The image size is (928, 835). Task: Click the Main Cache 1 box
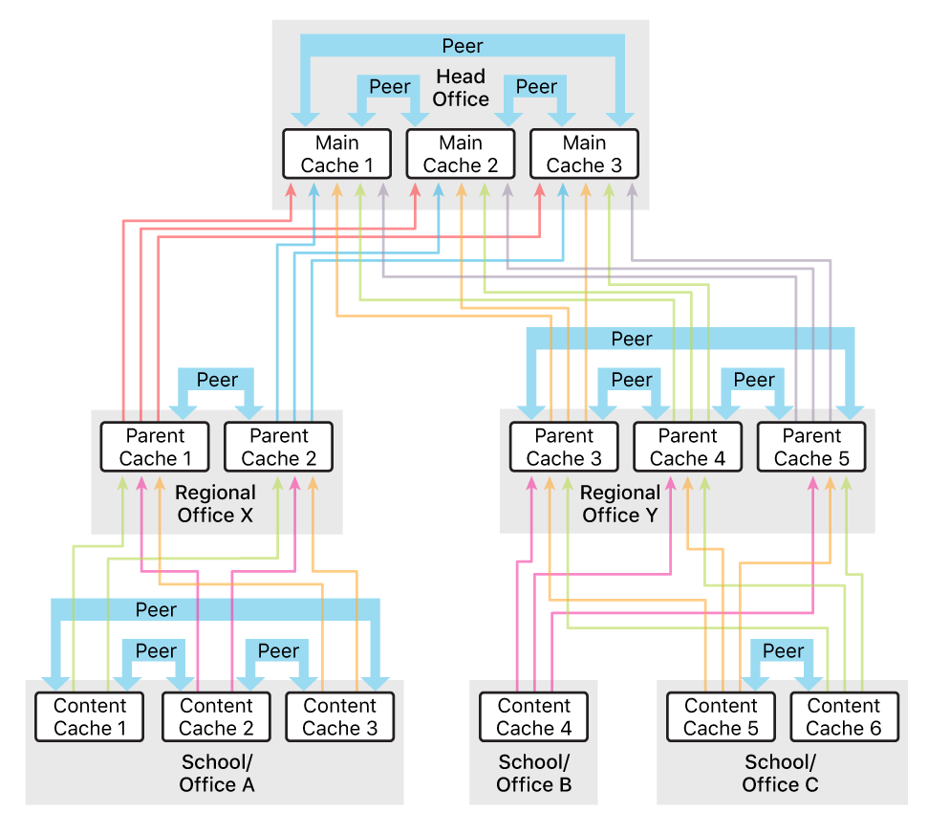coord(337,154)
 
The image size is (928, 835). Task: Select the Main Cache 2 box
coord(461,154)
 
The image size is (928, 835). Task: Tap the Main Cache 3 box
coord(584,154)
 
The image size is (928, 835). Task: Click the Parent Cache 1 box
coord(155,447)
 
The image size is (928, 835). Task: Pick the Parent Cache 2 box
coord(278,447)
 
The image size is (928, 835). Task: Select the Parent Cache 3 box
coord(564,447)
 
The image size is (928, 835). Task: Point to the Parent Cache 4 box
coord(687,447)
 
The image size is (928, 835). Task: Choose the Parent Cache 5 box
coord(811,447)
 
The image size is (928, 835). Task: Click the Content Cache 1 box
coord(89,717)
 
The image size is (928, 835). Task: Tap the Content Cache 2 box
coord(216,717)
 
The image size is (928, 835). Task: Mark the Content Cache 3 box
coord(339,717)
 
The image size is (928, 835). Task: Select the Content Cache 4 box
coord(533,717)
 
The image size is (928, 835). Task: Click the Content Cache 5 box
coord(721,717)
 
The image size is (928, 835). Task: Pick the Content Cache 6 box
coord(844,717)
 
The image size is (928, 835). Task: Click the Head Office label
coord(461,88)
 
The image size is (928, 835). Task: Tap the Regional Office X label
coord(216,504)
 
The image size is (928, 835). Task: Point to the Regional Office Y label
coord(620,504)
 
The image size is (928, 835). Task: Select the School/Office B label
coord(533,774)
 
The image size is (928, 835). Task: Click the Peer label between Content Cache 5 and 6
coord(783,651)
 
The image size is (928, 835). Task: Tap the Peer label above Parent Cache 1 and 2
coord(217,380)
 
